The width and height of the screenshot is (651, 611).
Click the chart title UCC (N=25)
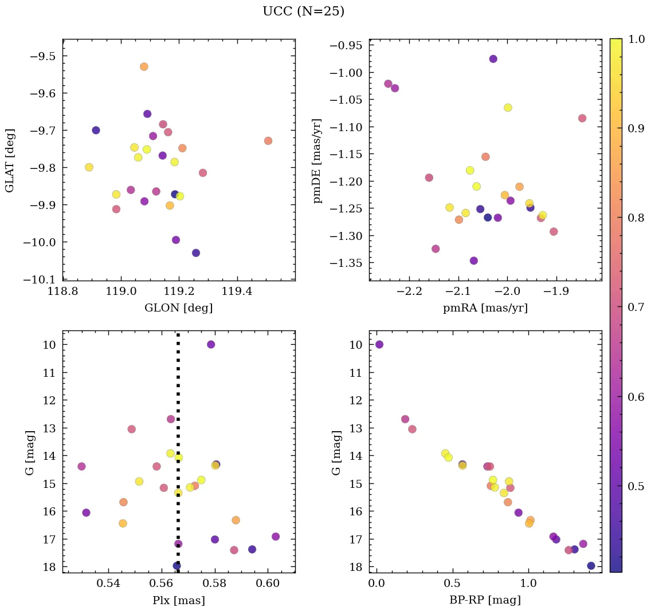(x=303, y=11)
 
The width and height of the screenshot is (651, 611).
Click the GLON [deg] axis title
(x=178, y=308)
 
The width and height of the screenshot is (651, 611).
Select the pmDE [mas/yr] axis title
(x=317, y=161)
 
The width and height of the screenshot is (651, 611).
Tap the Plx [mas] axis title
(x=178, y=600)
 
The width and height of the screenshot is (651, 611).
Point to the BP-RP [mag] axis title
(x=485, y=600)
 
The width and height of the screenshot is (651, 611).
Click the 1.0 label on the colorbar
(x=637, y=39)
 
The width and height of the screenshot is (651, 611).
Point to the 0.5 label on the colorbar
(x=637, y=486)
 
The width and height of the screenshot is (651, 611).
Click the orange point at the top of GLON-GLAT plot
(x=144, y=66)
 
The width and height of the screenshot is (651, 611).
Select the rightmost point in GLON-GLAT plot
(x=268, y=141)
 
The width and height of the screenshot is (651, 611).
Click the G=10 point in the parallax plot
(x=211, y=344)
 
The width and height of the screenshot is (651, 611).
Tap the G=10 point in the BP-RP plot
(x=379, y=344)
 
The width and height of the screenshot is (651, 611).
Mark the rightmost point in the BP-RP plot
(x=591, y=566)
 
